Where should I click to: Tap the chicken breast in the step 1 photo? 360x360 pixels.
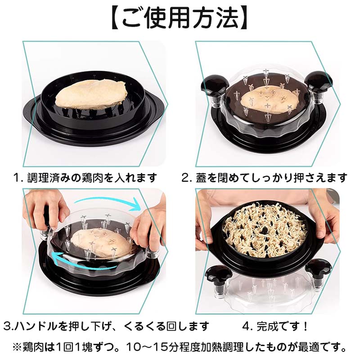[x=91, y=94]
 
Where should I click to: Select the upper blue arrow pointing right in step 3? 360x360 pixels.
[x=108, y=202]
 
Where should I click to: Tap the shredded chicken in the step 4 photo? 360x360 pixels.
[x=265, y=229]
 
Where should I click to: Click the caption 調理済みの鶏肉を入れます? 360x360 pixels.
[x=92, y=177]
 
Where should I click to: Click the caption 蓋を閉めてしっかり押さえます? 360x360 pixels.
[x=271, y=177]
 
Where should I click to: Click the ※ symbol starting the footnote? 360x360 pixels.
[x=18, y=347]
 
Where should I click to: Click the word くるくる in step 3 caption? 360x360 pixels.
[x=144, y=326]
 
